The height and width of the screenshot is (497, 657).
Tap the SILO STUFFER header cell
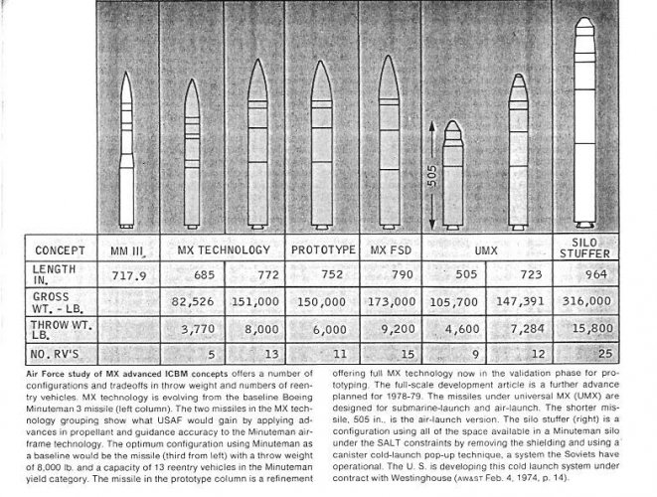point(585,247)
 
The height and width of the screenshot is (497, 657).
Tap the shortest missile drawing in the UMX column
point(453,174)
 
